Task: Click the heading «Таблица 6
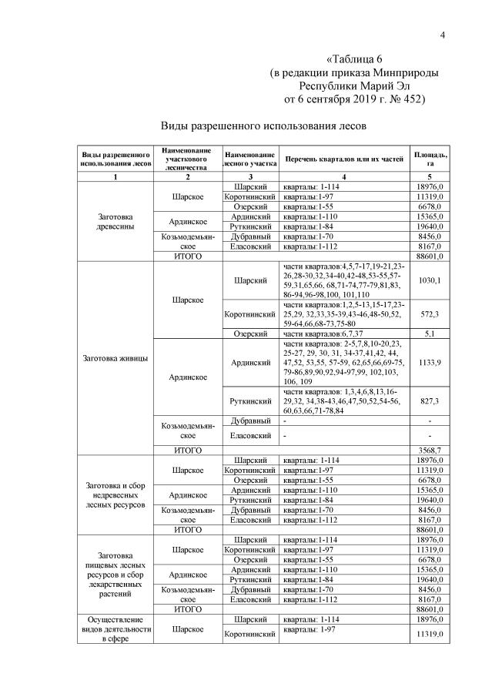354,59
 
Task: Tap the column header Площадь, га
430,159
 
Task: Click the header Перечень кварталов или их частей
344,159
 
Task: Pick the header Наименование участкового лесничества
188,159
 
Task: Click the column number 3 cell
251,178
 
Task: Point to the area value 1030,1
430,280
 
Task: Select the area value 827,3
430,401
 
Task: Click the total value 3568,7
430,449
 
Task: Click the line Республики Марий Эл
354,85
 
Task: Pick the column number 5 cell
430,178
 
